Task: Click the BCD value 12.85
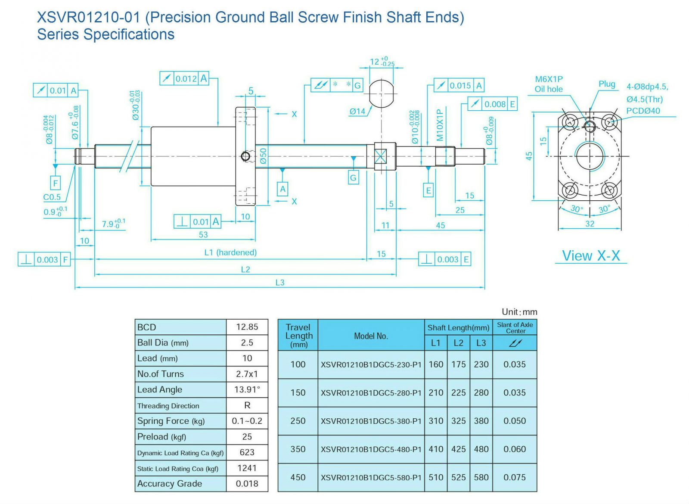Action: (x=247, y=327)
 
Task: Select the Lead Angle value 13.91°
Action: (x=247, y=389)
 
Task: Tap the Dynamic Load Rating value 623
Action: (x=247, y=452)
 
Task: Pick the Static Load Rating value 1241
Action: (x=247, y=468)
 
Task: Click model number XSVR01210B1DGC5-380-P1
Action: (x=371, y=421)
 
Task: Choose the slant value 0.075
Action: (x=515, y=477)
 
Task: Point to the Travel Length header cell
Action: (x=298, y=335)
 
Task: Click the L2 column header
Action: (x=459, y=343)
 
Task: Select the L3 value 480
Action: (x=481, y=449)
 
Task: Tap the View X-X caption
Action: (x=591, y=256)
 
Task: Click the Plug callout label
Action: (x=607, y=84)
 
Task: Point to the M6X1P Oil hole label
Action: (x=549, y=84)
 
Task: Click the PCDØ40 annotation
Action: (x=643, y=111)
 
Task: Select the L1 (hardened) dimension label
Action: (x=230, y=252)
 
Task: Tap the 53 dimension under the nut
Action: (x=203, y=234)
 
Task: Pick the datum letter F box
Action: (x=56, y=183)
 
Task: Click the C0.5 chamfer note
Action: (x=52, y=197)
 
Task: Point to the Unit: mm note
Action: (x=519, y=312)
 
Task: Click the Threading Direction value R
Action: (x=247, y=405)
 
